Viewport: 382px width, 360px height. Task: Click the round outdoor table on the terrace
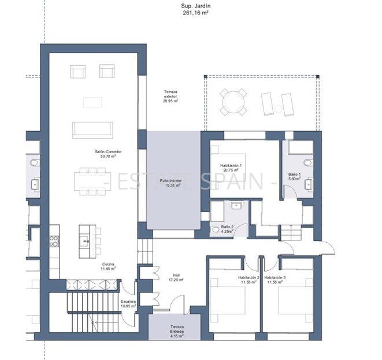(x=233, y=102)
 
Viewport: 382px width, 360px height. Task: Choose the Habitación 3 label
(x=276, y=280)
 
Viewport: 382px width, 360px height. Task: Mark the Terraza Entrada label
(x=177, y=329)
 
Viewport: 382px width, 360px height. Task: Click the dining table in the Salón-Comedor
(x=92, y=181)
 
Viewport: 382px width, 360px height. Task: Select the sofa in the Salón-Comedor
(x=92, y=129)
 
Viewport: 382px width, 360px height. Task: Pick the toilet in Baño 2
(x=216, y=229)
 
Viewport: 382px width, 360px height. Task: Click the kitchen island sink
(x=85, y=241)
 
